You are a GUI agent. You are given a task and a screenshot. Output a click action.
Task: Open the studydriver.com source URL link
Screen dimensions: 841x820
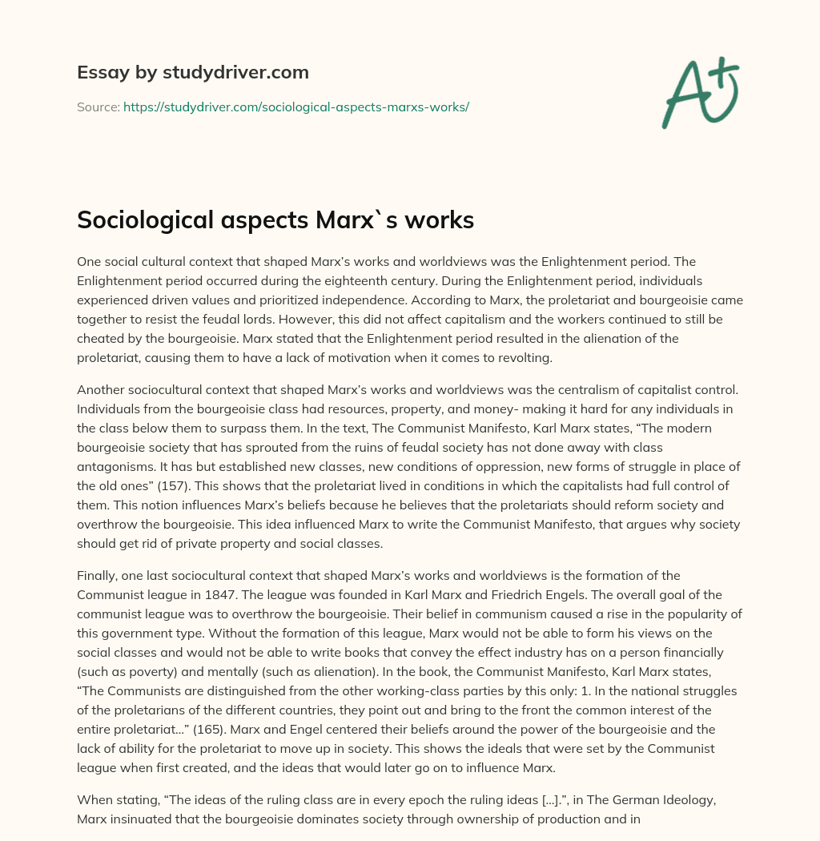(x=295, y=107)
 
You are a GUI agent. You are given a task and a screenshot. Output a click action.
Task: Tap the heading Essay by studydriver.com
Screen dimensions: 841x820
(x=192, y=72)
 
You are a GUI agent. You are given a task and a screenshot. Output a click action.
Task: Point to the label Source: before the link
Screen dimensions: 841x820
(x=98, y=107)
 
